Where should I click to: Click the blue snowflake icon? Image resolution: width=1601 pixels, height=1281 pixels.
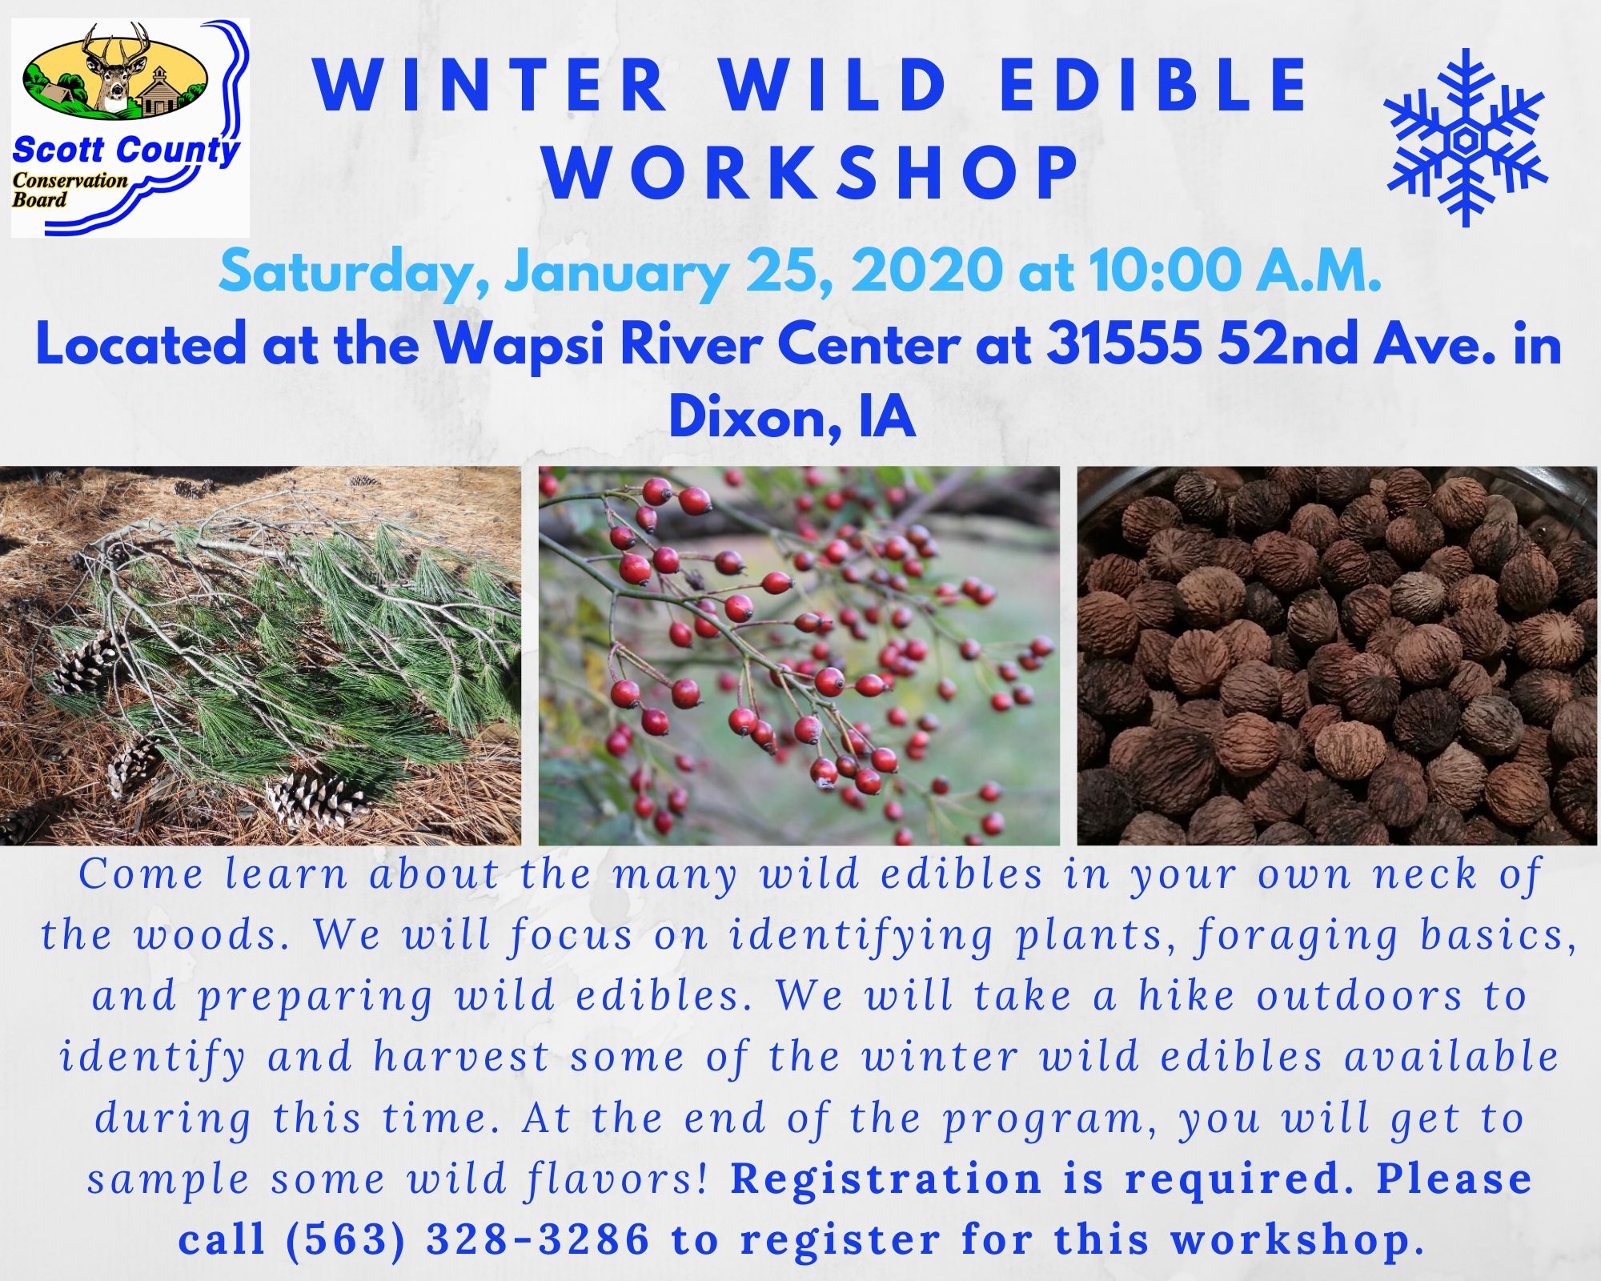[1466, 138]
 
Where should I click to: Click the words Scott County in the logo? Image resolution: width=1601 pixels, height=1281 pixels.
[126, 150]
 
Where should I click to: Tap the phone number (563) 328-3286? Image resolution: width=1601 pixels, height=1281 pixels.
[467, 1239]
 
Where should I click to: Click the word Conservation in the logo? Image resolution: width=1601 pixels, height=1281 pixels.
[70, 180]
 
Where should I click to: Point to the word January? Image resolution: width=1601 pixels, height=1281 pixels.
[616, 274]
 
